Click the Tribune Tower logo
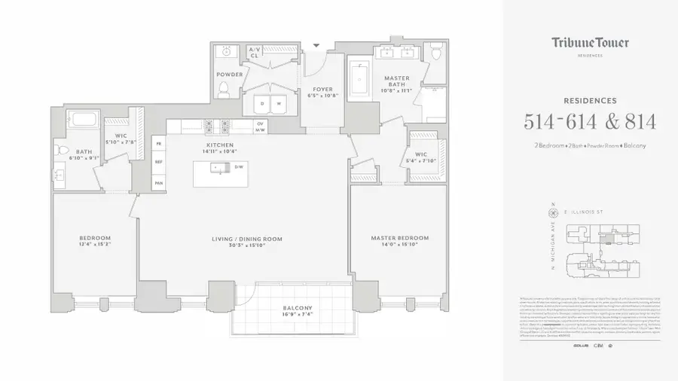[x=590, y=44]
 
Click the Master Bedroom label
[x=399, y=239]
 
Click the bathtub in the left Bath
[x=79, y=120]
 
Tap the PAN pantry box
[x=159, y=182]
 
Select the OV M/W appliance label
[x=261, y=126]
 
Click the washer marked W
[x=279, y=103]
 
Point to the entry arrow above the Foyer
[x=316, y=46]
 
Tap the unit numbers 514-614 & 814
[x=590, y=121]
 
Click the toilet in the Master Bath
[x=436, y=53]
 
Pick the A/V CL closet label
[x=255, y=52]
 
